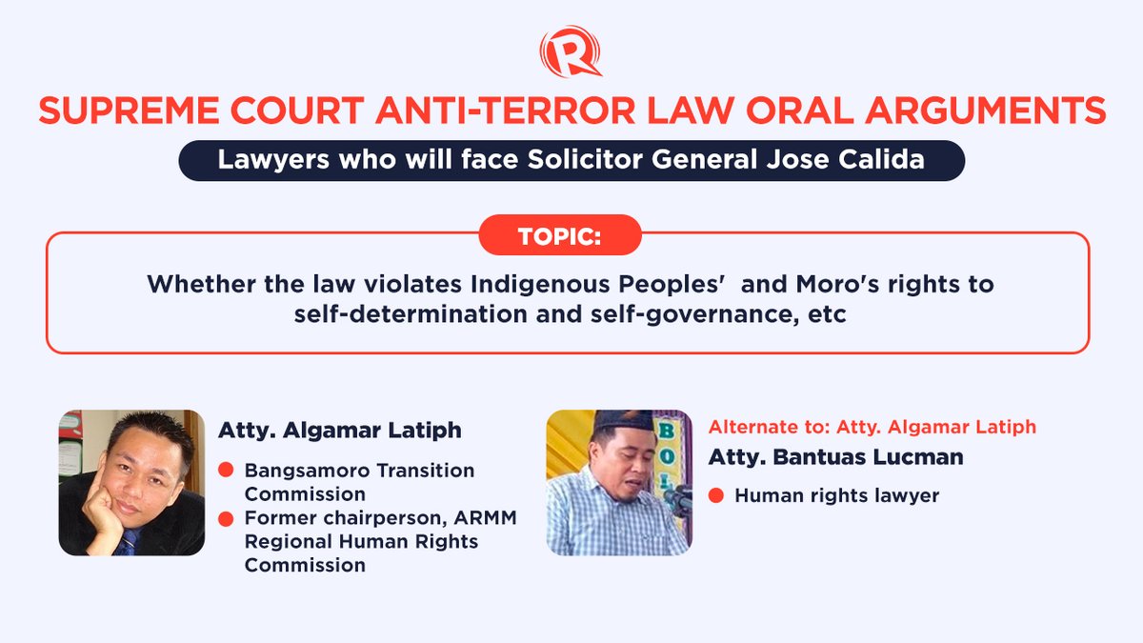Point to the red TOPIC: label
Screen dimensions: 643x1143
(x=559, y=235)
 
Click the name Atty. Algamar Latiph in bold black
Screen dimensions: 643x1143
(x=340, y=430)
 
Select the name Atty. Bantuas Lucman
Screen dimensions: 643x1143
(x=835, y=456)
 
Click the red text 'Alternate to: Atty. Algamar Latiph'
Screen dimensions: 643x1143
(x=872, y=427)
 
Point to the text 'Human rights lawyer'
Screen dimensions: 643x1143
(x=836, y=495)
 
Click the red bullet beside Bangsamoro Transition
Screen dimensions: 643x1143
(x=227, y=471)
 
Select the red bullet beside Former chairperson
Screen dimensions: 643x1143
(x=227, y=518)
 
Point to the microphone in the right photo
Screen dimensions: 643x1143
(x=676, y=497)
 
